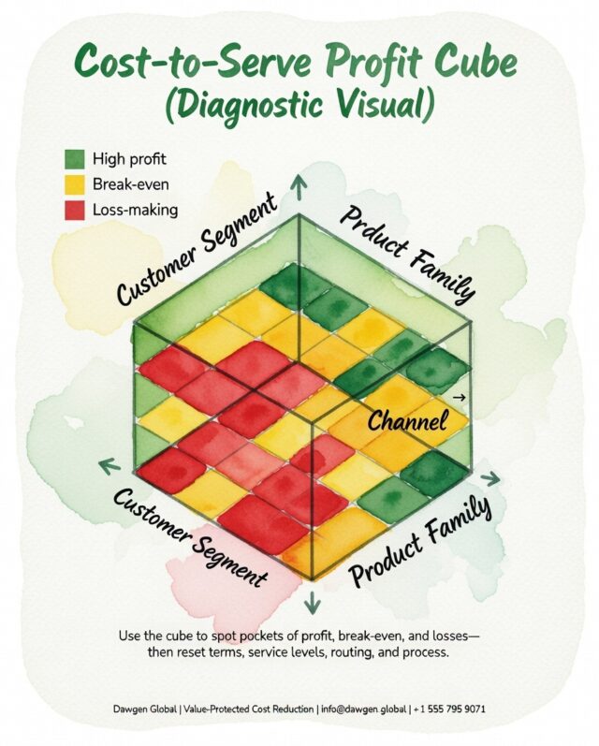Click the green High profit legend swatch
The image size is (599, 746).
75,159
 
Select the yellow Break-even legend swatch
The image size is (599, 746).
75,184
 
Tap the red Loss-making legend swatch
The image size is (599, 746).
75,211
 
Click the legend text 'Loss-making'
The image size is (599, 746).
135,210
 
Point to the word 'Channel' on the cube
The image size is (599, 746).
408,420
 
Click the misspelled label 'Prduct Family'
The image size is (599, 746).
407,255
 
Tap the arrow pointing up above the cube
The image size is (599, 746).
299,186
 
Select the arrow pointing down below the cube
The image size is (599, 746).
313,602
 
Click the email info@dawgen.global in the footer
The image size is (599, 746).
364,709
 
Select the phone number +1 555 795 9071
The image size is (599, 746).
449,709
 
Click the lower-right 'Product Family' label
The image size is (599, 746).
421,541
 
